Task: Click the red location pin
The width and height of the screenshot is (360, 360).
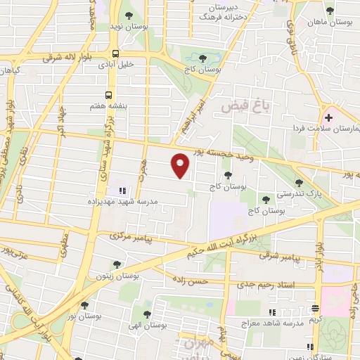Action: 181,165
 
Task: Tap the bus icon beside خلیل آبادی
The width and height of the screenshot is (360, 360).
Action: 115,53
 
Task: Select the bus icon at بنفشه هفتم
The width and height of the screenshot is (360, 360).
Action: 108,94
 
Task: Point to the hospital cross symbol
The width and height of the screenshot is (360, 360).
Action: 328,117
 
